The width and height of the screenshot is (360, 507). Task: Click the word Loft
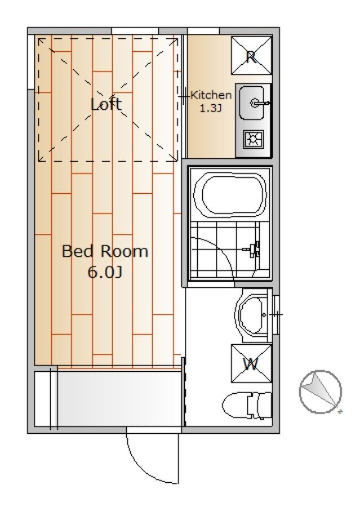point(106,104)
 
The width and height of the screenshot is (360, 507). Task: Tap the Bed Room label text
point(105,251)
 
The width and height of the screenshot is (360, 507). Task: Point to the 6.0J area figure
point(105,273)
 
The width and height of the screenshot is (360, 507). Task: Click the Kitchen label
point(211,95)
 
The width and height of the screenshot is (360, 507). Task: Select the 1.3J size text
point(211,108)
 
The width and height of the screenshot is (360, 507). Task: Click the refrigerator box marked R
point(251,56)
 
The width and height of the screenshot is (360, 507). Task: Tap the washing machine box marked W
point(251,364)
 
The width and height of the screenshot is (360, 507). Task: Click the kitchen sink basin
point(251,103)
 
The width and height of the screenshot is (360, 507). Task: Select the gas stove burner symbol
point(254,139)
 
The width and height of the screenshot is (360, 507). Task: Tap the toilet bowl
point(235,406)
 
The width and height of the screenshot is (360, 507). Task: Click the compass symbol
point(320,392)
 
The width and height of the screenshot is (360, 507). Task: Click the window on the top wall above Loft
point(135,31)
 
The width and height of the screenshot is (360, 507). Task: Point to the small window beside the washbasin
point(276,314)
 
